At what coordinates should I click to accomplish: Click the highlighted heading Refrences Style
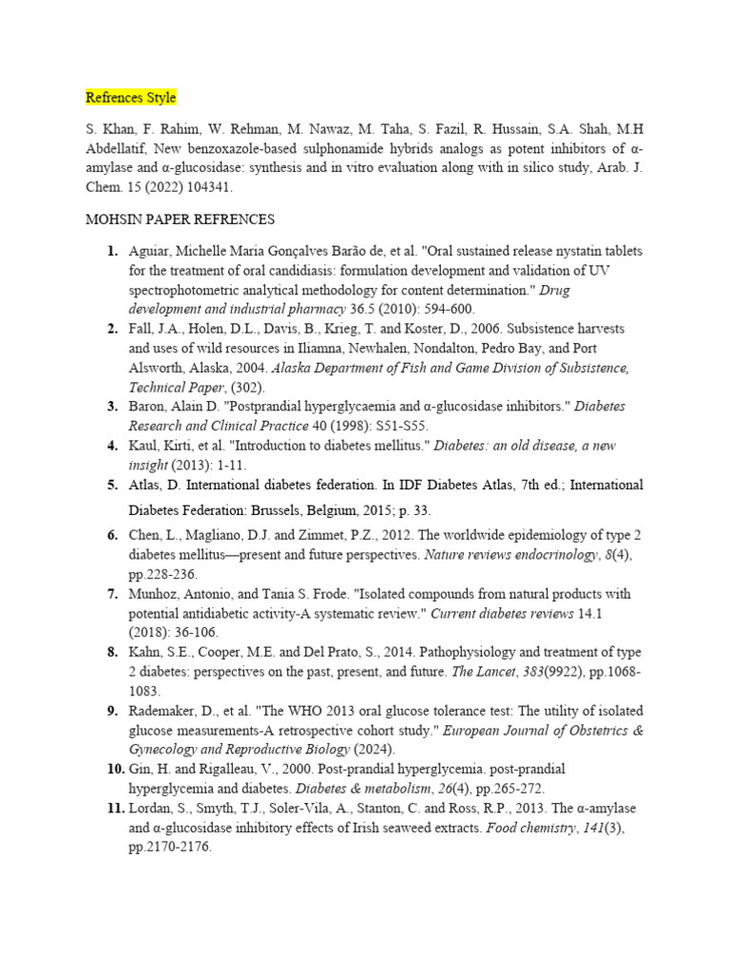(x=130, y=98)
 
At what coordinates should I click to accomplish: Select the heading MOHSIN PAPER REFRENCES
(x=180, y=219)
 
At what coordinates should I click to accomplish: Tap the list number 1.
(x=112, y=251)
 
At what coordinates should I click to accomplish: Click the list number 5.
(x=112, y=485)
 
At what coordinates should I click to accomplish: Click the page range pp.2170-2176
(x=170, y=847)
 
